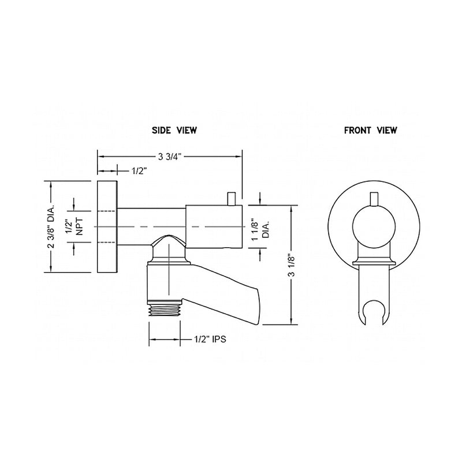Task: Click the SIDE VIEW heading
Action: [x=174, y=131]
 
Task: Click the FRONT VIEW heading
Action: [x=370, y=131]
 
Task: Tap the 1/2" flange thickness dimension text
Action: [x=140, y=171]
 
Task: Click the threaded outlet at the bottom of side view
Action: [x=166, y=312]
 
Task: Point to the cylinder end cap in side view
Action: [x=214, y=227]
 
